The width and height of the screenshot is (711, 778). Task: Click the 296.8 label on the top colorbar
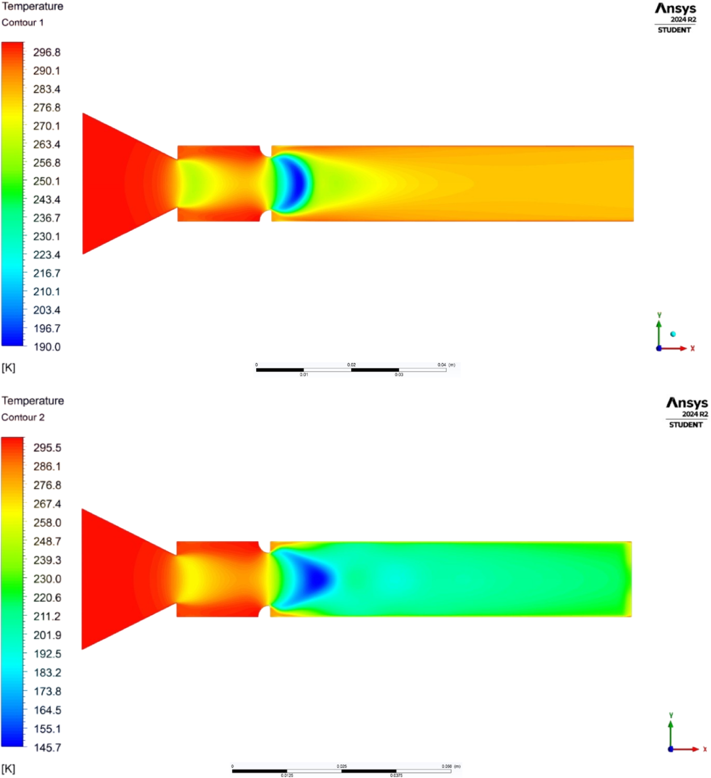coord(47,52)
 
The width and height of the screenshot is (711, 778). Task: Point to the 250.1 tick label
coord(47,181)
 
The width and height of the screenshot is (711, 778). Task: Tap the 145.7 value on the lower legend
coord(47,748)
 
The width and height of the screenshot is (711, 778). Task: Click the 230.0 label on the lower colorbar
coord(47,579)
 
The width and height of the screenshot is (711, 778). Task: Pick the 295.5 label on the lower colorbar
coord(47,448)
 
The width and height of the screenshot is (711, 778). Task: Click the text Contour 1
coord(22,22)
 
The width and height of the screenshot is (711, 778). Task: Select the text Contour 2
coord(23,417)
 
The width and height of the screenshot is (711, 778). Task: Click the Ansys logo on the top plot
coord(675,8)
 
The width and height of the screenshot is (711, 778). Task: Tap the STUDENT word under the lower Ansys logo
coord(686,425)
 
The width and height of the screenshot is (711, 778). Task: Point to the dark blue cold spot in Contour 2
coord(316,579)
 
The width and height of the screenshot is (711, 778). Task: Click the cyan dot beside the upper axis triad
coord(673,334)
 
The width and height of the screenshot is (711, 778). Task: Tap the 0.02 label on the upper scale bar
coord(351,365)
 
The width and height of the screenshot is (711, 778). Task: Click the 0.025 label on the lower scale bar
coord(341,766)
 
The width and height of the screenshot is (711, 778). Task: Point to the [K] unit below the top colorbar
coord(8,367)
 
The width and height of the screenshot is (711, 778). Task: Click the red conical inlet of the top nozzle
coord(116,183)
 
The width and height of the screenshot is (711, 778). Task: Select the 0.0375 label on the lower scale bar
coord(396,775)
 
